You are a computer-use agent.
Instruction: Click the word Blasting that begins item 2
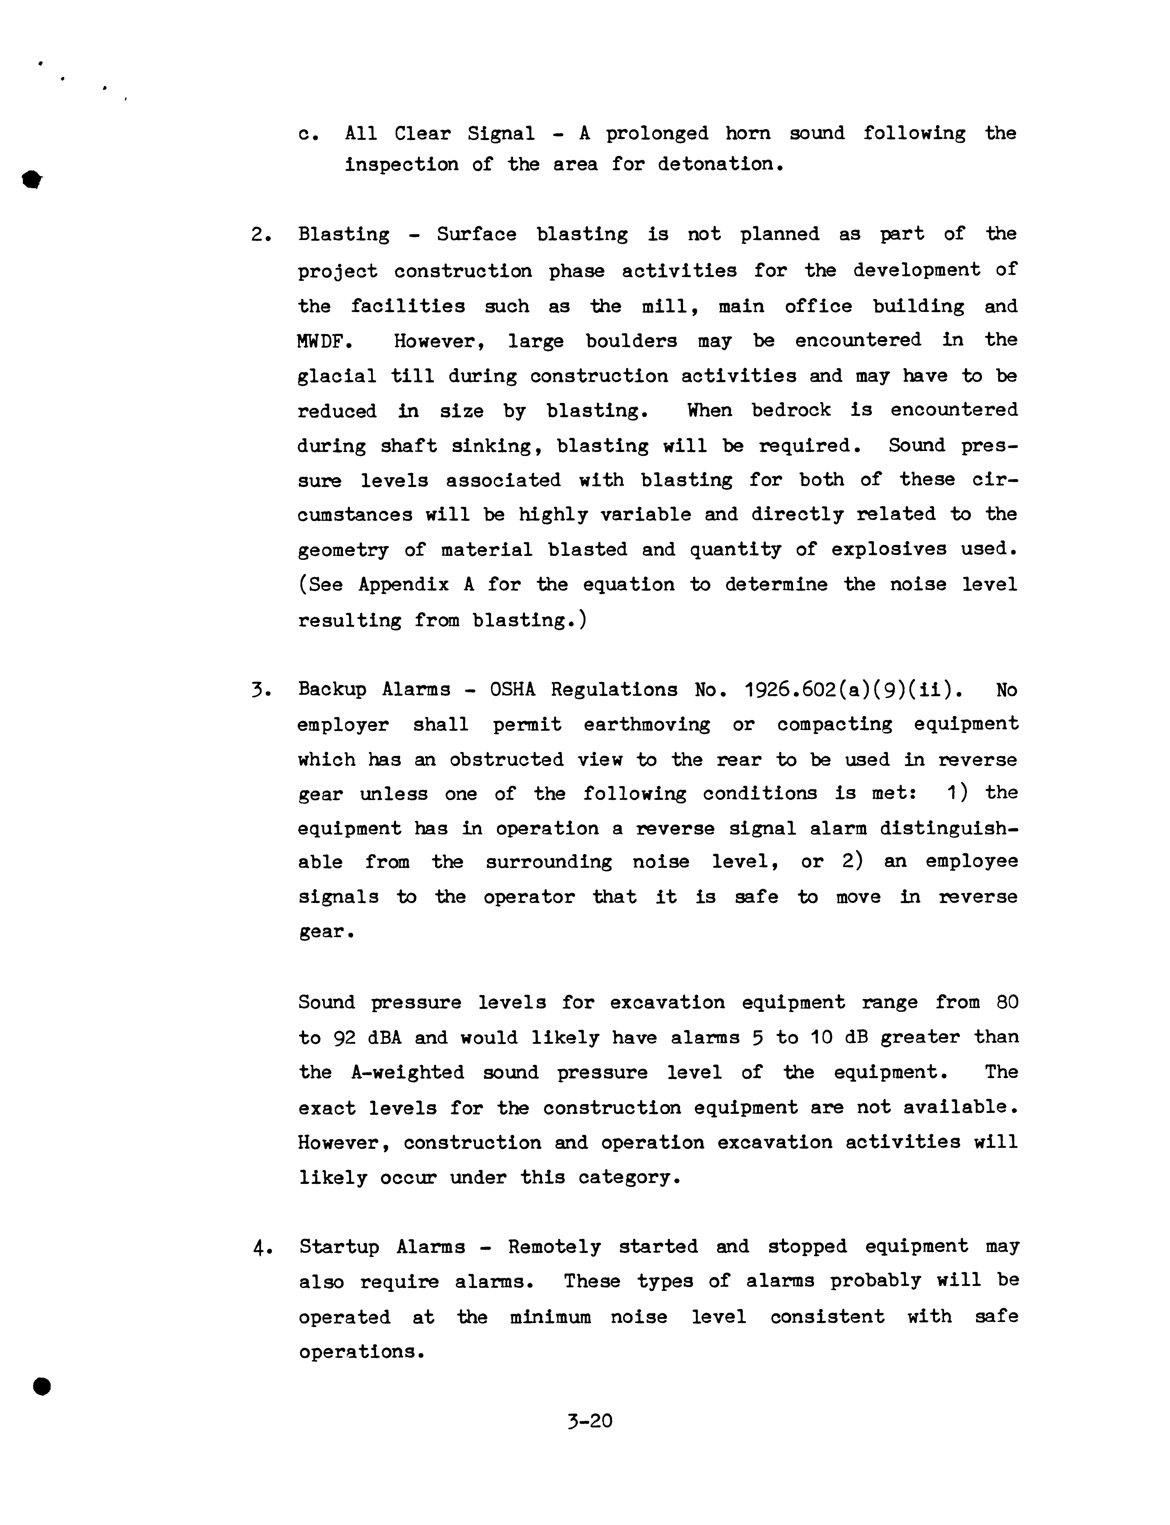click(343, 235)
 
